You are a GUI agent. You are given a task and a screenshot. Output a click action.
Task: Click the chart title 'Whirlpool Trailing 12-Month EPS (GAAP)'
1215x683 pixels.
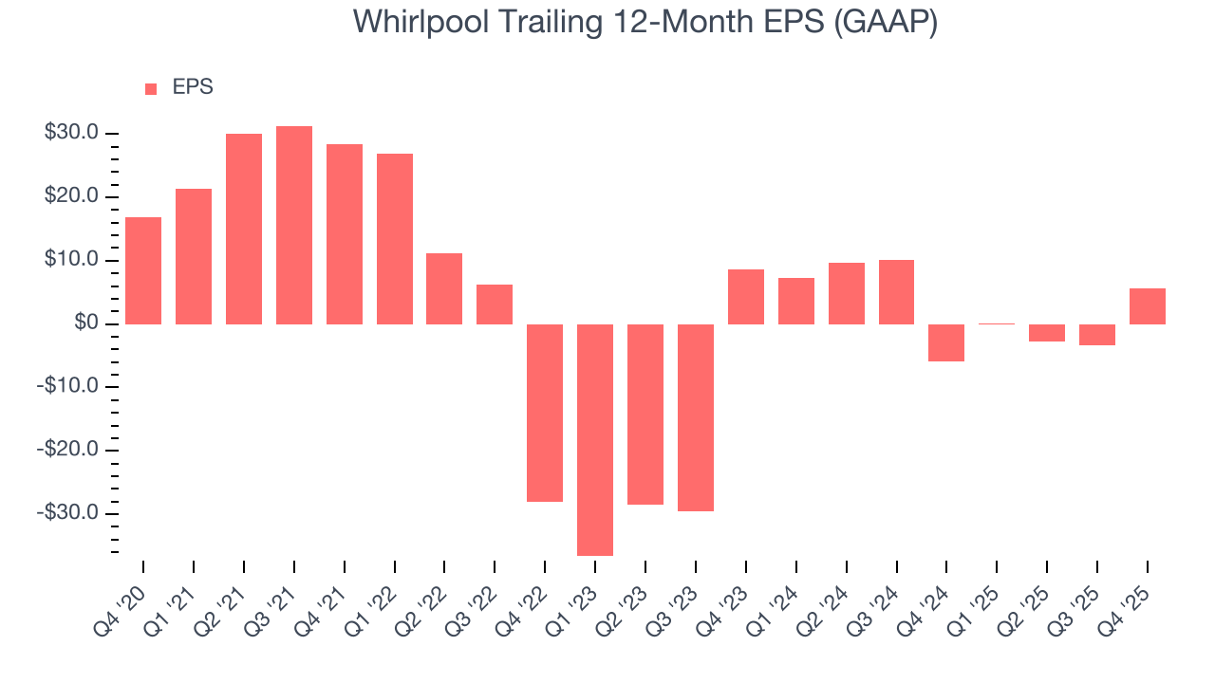coord(645,23)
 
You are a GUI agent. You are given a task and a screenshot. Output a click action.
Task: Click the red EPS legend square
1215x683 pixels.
coord(151,88)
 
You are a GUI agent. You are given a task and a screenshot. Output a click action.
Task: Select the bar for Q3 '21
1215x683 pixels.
coord(294,225)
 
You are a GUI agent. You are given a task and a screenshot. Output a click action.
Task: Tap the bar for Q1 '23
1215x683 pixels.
coord(595,439)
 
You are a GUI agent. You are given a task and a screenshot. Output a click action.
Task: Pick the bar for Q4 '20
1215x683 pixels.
coord(143,270)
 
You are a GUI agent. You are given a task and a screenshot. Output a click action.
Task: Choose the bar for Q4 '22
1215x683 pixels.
coord(545,413)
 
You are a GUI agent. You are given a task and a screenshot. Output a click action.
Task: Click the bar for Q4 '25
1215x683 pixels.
coord(1147,306)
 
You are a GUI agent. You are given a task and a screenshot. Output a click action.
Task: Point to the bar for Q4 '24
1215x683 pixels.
coord(946,342)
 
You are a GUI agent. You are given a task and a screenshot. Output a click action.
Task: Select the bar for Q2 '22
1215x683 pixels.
coord(444,288)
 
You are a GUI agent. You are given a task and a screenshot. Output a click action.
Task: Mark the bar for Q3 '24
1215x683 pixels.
coord(896,292)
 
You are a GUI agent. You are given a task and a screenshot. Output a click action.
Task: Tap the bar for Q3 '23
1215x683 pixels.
coord(695,417)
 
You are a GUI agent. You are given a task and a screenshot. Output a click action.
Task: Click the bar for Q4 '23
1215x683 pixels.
coord(745,297)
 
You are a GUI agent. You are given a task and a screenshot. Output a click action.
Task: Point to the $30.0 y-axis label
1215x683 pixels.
coord(71,134)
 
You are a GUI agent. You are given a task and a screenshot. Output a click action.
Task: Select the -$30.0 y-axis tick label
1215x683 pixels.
coord(68,513)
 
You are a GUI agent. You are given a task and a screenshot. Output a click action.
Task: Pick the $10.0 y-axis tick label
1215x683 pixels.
coord(71,261)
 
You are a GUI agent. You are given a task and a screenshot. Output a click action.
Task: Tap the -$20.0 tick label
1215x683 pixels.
coord(68,450)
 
